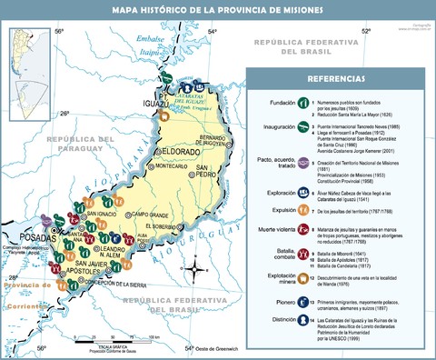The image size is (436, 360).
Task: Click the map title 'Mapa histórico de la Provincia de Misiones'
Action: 217,10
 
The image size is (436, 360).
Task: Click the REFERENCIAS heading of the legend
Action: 341,79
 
